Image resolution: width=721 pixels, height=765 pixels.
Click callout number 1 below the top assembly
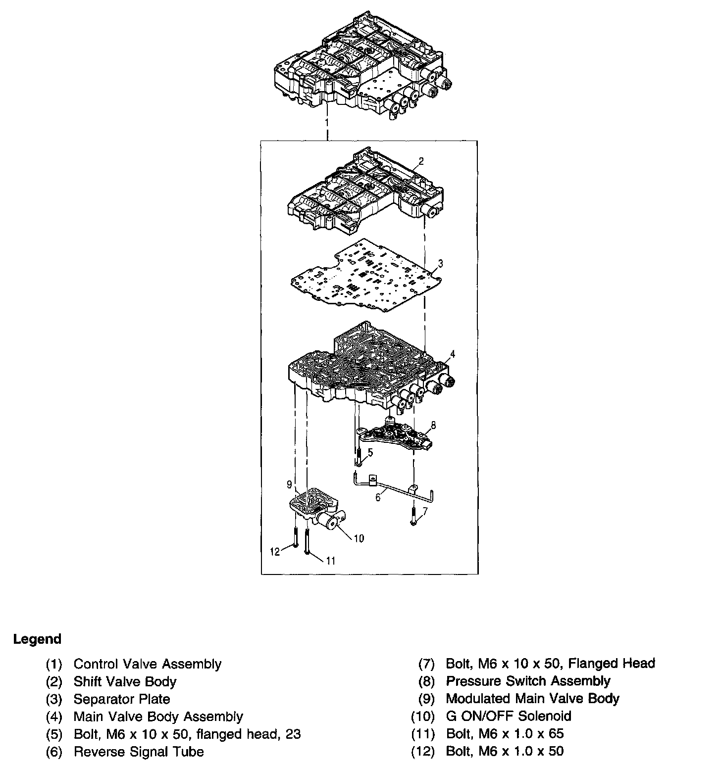pyautogui.click(x=326, y=122)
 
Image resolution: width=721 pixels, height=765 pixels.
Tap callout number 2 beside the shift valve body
pyautogui.click(x=421, y=161)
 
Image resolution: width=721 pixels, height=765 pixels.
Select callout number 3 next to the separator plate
pyautogui.click(x=440, y=263)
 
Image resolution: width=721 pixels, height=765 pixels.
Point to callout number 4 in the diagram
pyautogui.click(x=452, y=354)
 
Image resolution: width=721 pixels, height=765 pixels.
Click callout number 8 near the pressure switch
pyautogui.click(x=433, y=425)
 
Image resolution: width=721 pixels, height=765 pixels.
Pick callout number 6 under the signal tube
pyautogui.click(x=378, y=497)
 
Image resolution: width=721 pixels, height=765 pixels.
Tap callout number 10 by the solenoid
pyautogui.click(x=359, y=538)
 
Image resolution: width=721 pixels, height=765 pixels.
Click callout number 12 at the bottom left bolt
pyautogui.click(x=275, y=551)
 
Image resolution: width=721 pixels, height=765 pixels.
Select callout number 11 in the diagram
pyautogui.click(x=330, y=561)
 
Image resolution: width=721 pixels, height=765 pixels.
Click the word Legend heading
pyautogui.click(x=37, y=639)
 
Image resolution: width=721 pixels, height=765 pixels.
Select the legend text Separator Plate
pyautogui.click(x=122, y=699)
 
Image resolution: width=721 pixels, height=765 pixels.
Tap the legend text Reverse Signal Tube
pyautogui.click(x=139, y=752)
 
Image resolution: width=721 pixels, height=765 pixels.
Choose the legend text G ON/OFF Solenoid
pyautogui.click(x=509, y=716)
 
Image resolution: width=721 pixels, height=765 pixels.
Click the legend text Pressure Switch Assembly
pyautogui.click(x=528, y=681)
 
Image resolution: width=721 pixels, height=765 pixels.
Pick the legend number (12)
pyautogui.click(x=422, y=751)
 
